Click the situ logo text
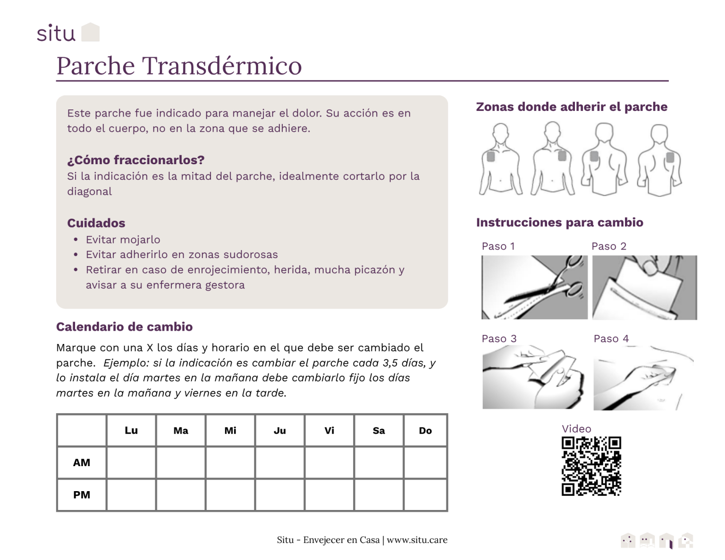[x=56, y=33]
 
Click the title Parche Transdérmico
[x=179, y=66]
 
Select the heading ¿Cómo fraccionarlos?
[x=135, y=160]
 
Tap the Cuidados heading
[x=96, y=223]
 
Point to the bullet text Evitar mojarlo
[x=123, y=240]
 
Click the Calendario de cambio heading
[x=124, y=327]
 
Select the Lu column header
[x=131, y=430]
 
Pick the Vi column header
[x=329, y=430]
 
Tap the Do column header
[x=425, y=430]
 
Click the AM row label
[x=82, y=462]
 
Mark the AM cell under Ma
[x=181, y=462]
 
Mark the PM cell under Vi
[x=329, y=495]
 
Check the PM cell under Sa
[x=379, y=495]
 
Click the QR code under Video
[x=591, y=466]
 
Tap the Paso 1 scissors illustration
[x=534, y=287]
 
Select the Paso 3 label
[x=499, y=339]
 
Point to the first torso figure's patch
[x=491, y=156]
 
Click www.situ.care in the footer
[x=417, y=540]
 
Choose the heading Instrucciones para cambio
[x=559, y=223]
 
